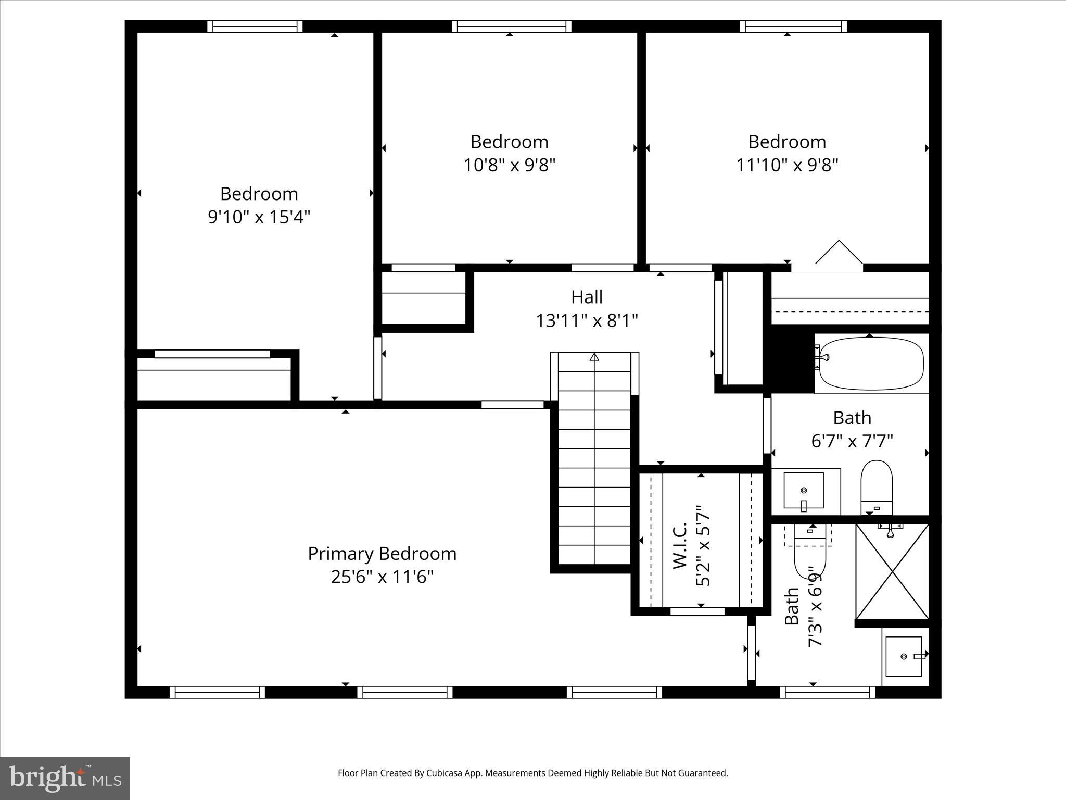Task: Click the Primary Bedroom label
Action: (x=382, y=553)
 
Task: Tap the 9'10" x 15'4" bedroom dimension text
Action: (x=259, y=217)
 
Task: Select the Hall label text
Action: (x=587, y=297)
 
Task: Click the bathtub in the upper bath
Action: (x=871, y=363)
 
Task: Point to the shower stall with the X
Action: (x=892, y=571)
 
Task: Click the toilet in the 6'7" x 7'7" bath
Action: (x=877, y=487)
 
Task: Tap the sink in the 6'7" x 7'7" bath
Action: (x=804, y=490)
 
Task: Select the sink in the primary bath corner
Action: (x=904, y=657)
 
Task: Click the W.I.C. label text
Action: (x=680, y=546)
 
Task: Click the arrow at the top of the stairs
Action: (x=594, y=357)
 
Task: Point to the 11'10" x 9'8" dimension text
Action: (x=787, y=165)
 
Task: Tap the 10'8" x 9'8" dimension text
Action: (x=510, y=165)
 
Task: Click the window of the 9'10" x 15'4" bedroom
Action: (x=255, y=27)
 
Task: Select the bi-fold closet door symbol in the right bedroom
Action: (x=839, y=254)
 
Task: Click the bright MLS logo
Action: (x=65, y=778)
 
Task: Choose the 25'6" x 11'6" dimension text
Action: (x=382, y=577)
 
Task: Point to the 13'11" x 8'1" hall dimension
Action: (x=587, y=320)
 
